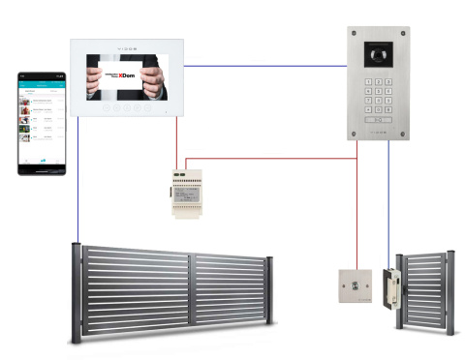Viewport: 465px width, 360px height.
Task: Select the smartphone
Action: [44, 122]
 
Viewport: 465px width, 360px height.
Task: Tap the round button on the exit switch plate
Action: [354, 285]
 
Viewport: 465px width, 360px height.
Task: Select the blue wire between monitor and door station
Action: [265, 66]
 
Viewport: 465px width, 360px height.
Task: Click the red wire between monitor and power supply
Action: [177, 145]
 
